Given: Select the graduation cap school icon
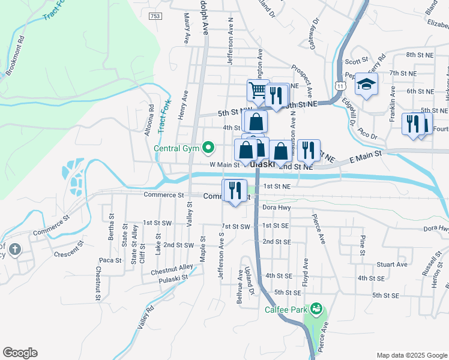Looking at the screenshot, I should tap(366, 85).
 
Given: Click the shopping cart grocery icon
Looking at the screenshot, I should tap(257, 91).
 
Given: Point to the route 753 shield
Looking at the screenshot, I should tap(155, 16).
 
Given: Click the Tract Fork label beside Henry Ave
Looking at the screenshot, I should tap(161, 115).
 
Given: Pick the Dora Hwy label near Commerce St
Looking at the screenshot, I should tap(277, 207).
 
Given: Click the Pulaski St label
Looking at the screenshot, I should tap(173, 277).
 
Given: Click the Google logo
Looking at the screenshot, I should tap(20, 353).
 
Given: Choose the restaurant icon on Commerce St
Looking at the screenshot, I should tap(234, 191).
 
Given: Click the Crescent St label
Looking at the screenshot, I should tap(67, 248).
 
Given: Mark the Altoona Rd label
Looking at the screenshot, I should tap(151, 119).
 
